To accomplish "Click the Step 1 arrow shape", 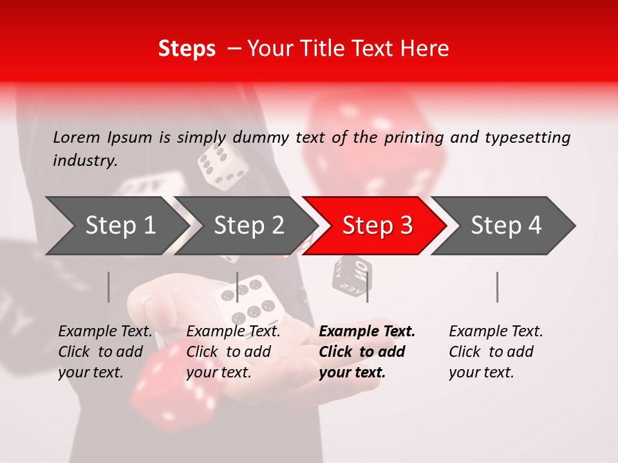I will [116, 226].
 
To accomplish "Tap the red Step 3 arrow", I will [376, 226].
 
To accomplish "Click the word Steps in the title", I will [187, 48].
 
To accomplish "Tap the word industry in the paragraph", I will [84, 160].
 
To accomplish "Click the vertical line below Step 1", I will [109, 287].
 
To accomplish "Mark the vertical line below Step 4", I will [498, 287].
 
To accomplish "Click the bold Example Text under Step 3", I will [367, 331].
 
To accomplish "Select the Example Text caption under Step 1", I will [105, 331].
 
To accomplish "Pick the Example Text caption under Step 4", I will [496, 331].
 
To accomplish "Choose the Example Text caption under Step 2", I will [233, 331].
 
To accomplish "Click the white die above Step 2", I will [223, 166].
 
